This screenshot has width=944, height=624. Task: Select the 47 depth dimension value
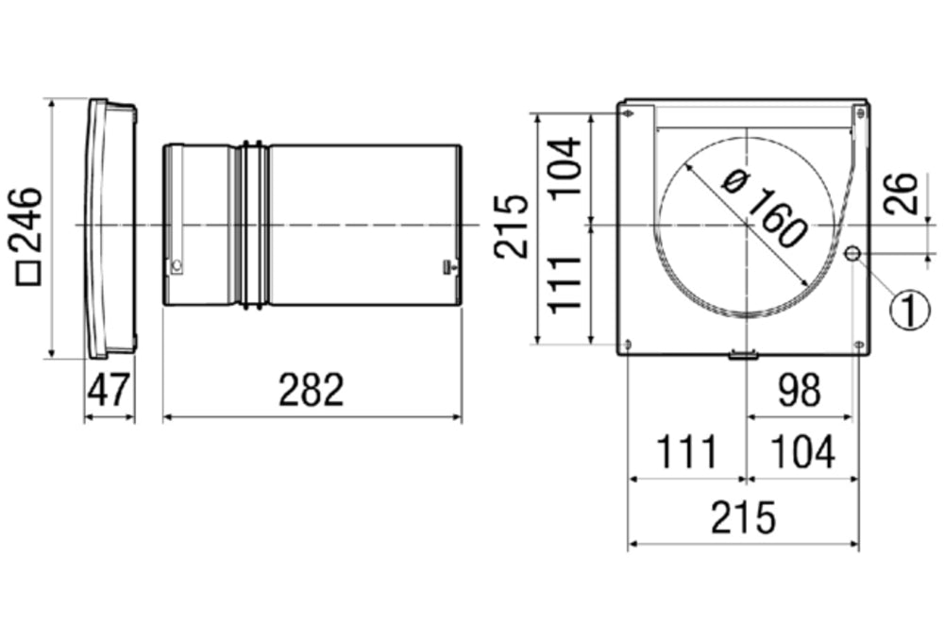[109, 390]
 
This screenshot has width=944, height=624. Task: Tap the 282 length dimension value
[312, 390]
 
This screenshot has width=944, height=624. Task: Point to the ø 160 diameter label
[763, 209]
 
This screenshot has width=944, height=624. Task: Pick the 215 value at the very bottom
[743, 517]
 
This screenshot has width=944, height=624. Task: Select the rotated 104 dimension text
[565, 167]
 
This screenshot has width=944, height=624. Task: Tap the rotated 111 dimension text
[565, 285]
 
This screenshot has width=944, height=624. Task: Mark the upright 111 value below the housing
[686, 453]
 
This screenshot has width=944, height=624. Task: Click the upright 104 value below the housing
[802, 453]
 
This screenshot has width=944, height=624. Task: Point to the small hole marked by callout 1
[852, 253]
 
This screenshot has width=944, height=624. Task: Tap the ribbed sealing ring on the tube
[253, 225]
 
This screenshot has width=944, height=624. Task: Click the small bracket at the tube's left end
[176, 267]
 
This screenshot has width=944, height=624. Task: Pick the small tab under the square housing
[743, 356]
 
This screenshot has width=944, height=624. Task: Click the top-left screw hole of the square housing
[630, 112]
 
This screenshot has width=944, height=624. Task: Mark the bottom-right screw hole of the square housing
[857, 345]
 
